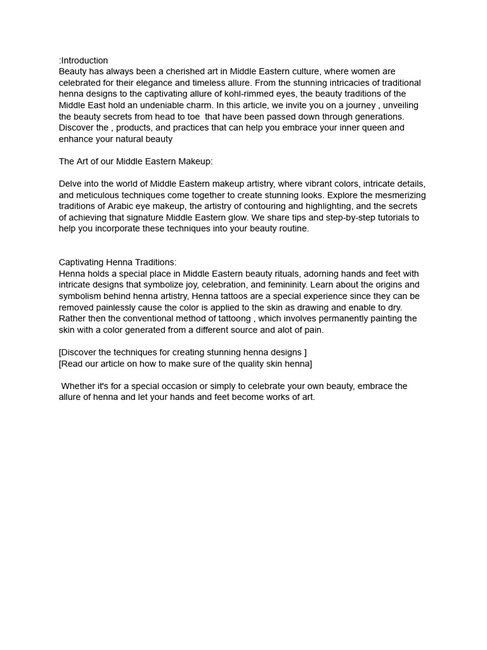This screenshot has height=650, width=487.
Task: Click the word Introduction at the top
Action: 85,60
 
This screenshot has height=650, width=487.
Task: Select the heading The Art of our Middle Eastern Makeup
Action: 136,161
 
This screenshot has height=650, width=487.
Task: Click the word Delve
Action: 70,184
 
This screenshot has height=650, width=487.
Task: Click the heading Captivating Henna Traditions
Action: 117,262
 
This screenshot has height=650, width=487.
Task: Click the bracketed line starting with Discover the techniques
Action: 183,352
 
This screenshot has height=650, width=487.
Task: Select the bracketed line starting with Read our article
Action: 185,364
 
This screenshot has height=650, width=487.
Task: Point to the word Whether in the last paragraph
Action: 79,386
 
